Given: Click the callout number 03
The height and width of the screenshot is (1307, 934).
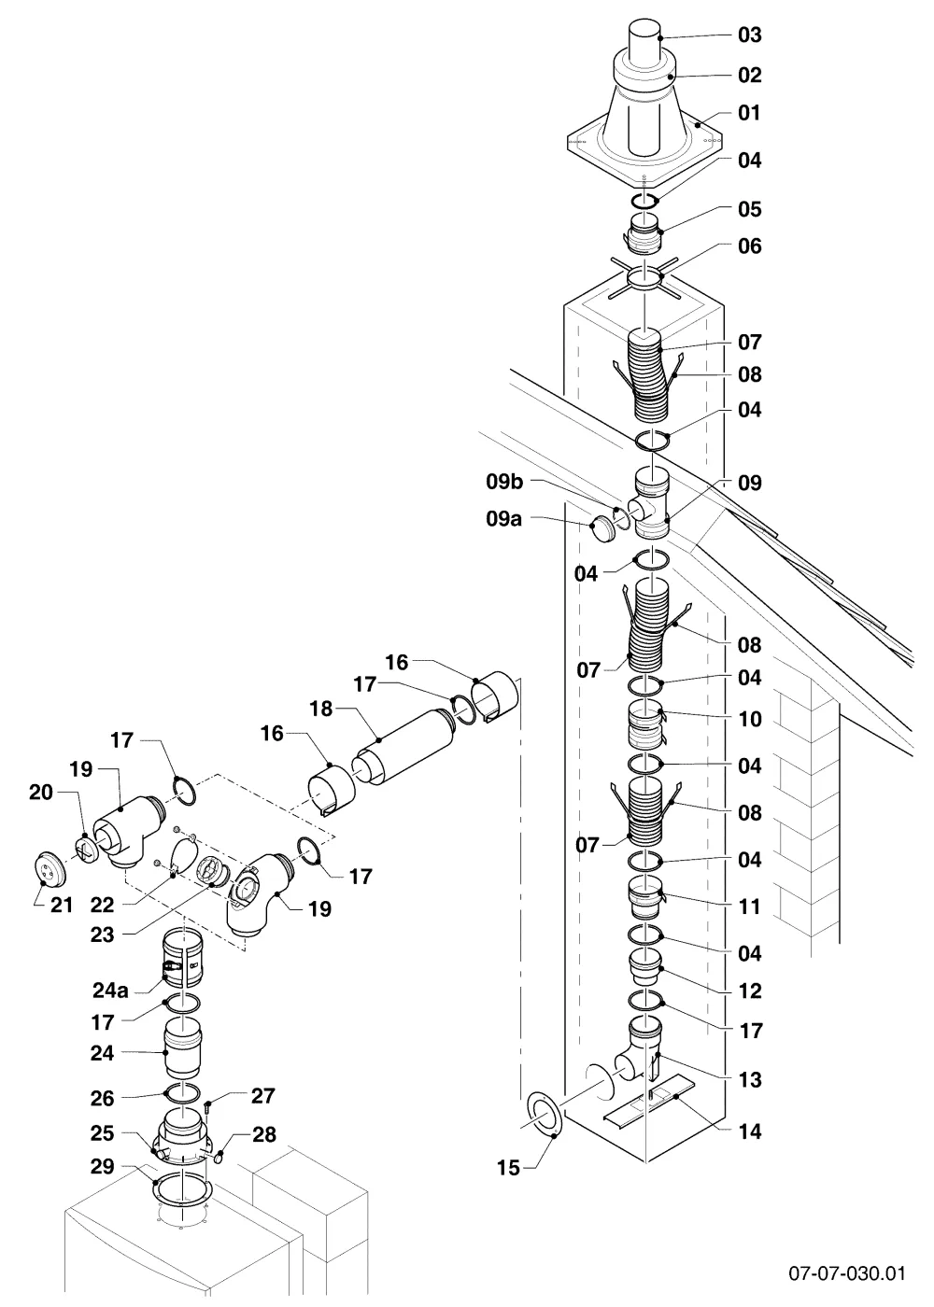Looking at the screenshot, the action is pos(749,35).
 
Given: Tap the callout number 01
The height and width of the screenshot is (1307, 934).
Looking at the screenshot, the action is pos(749,113).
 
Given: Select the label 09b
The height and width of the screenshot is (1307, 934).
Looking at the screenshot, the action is pos(504,482).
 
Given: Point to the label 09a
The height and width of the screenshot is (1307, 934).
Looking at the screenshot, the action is pos(503,518).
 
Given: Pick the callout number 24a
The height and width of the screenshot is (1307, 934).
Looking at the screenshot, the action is pos(110,991).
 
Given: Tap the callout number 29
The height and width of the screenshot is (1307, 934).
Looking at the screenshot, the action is pos(102,1166).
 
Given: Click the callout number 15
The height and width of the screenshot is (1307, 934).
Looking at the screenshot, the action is pos(508,1168).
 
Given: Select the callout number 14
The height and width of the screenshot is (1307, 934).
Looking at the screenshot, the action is pos(750,1131).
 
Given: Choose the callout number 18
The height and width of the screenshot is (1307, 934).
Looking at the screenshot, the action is pos(320,709).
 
